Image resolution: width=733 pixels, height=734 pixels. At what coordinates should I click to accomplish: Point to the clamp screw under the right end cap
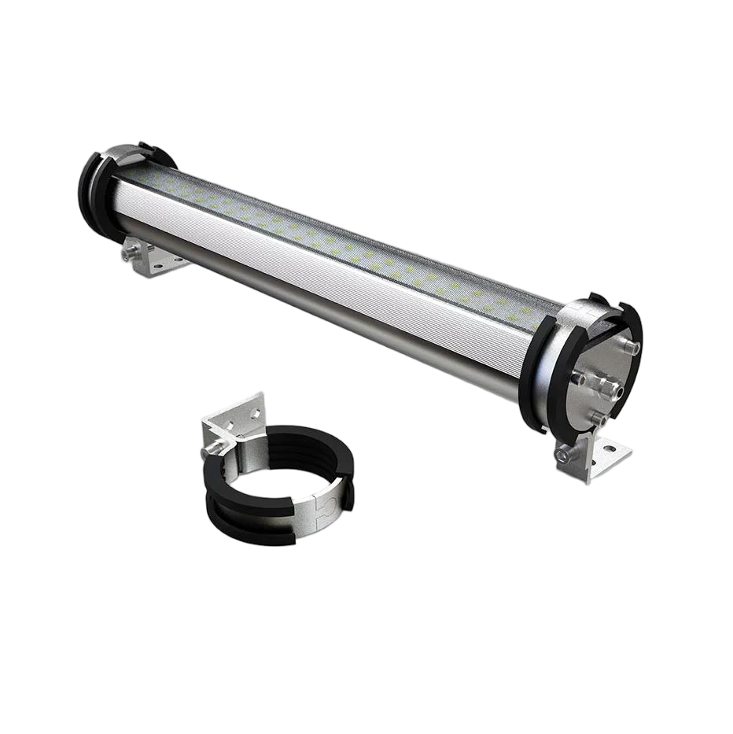click(x=562, y=455)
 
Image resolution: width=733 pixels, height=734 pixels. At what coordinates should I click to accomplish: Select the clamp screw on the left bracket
click(x=128, y=253)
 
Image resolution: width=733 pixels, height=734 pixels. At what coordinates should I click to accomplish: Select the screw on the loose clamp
click(x=211, y=450)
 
